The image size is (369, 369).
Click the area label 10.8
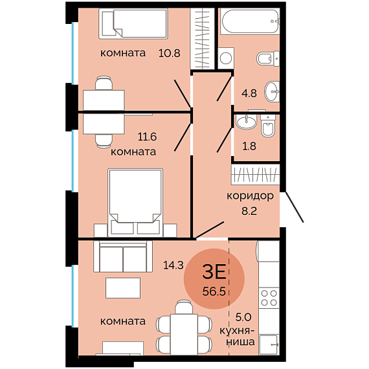click(x=170, y=53)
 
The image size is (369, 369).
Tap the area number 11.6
click(x=147, y=137)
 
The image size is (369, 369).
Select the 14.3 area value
click(x=173, y=265)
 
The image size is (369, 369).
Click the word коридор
click(x=250, y=196)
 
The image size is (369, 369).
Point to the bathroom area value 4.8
click(x=249, y=93)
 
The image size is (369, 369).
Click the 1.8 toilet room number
click(x=249, y=146)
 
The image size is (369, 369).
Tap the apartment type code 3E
click(x=214, y=272)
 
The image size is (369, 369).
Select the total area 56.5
click(x=214, y=291)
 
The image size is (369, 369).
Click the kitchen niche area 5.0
click(x=243, y=317)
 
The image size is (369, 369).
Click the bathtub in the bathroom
click(x=250, y=21)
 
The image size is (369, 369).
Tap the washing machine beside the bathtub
click(x=226, y=58)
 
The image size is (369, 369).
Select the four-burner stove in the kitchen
click(x=269, y=298)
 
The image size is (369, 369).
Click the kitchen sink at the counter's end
click(x=269, y=344)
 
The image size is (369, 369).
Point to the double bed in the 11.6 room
click(x=135, y=203)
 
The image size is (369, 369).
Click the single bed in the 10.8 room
click(x=133, y=23)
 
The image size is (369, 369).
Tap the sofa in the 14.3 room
click(x=123, y=256)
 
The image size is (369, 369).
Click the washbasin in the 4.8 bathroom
click(x=273, y=91)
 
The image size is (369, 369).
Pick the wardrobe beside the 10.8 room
click(x=203, y=39)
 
